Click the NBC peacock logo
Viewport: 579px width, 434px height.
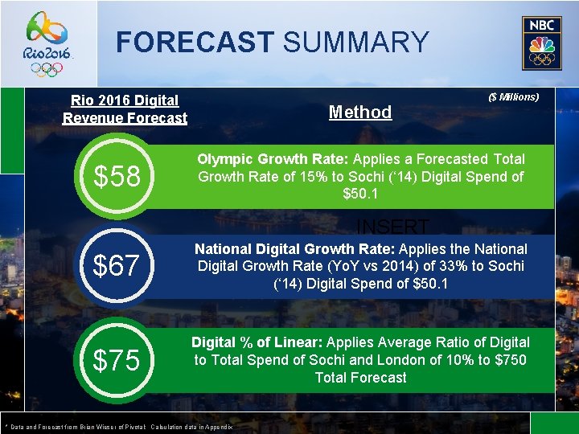pos(537,43)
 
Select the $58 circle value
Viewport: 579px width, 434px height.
pos(117,176)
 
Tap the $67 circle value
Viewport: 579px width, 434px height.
pos(117,265)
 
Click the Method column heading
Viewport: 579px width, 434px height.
pos(360,113)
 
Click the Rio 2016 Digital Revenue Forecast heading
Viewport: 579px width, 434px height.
pos(125,109)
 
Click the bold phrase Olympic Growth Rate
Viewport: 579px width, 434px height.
pos(263,160)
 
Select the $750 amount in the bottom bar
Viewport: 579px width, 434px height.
pos(511,360)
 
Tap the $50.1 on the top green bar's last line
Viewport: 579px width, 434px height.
pos(360,194)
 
